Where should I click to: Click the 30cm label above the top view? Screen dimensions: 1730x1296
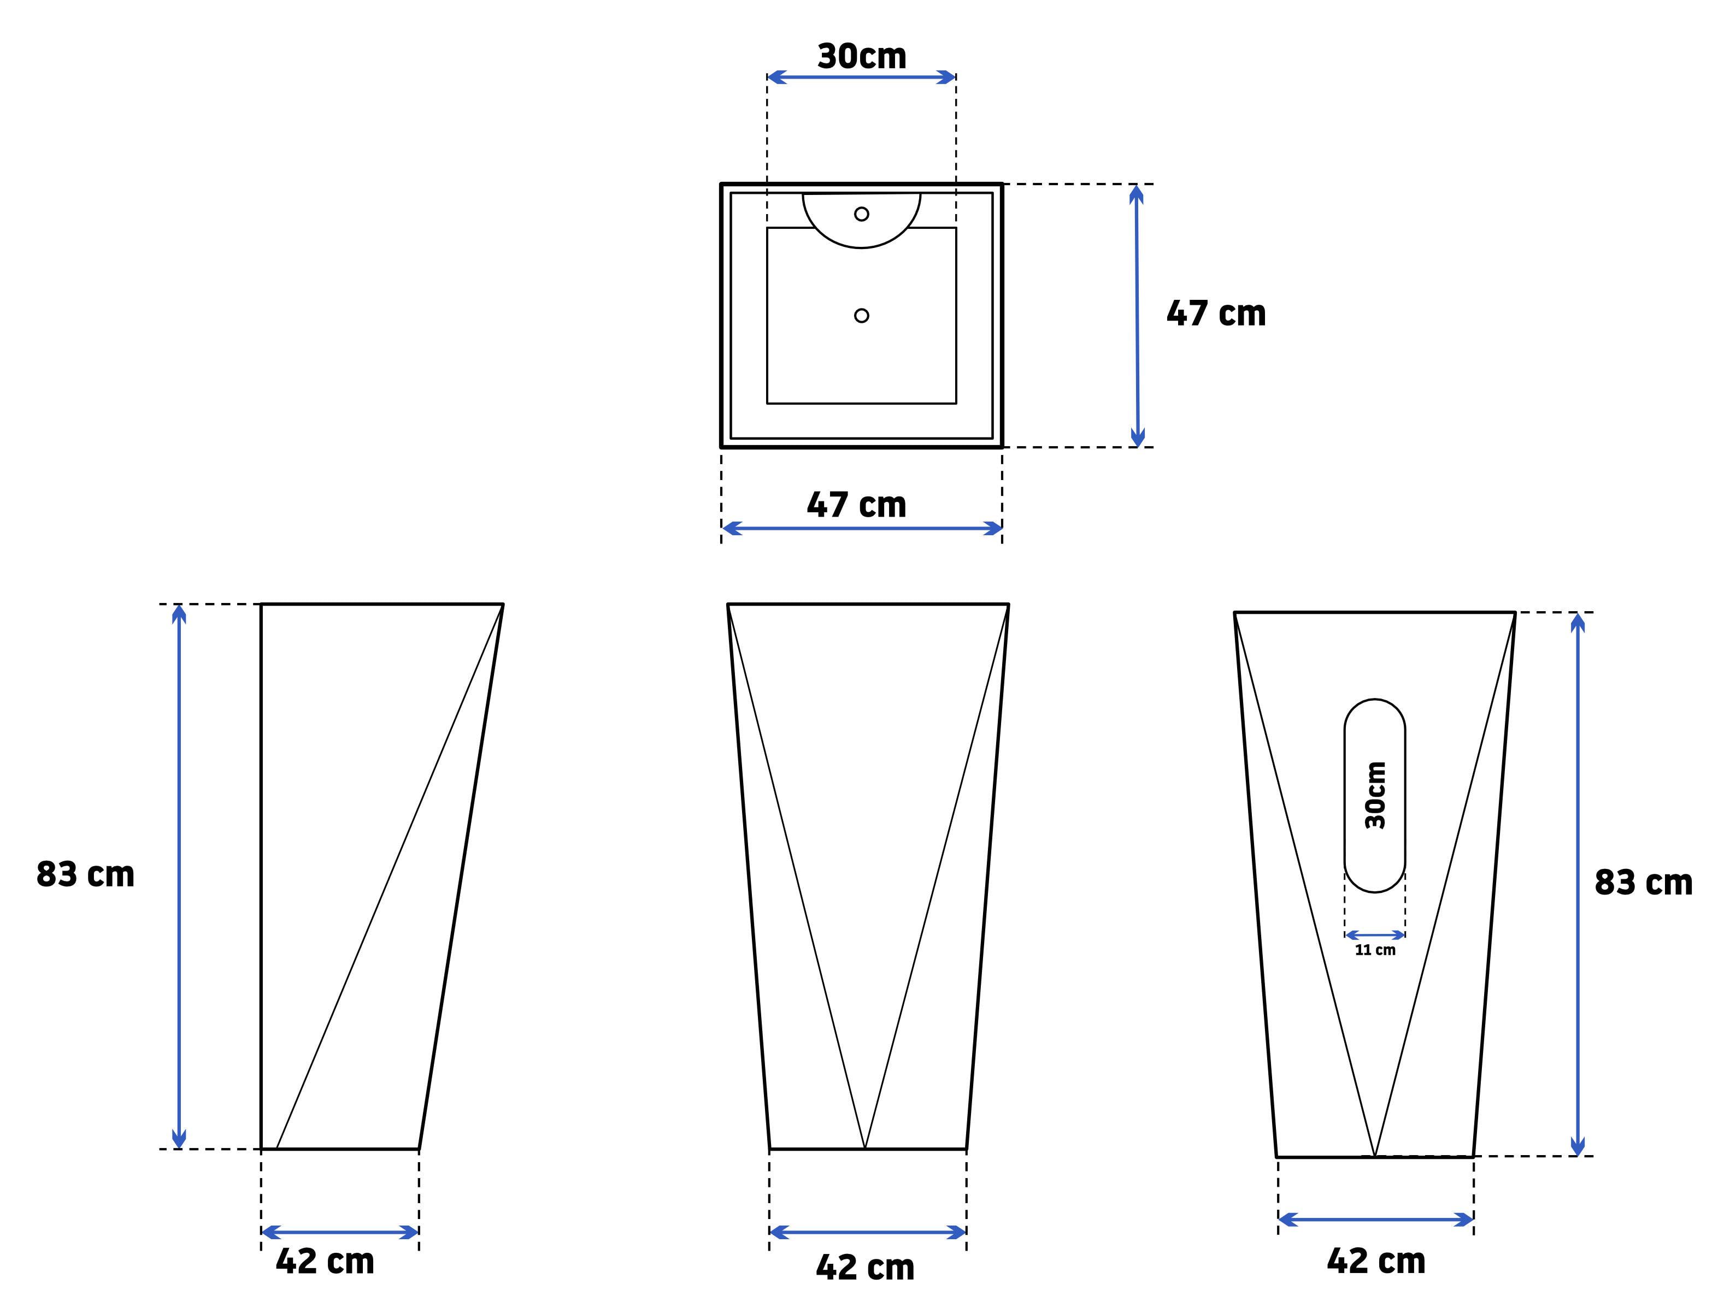(x=862, y=56)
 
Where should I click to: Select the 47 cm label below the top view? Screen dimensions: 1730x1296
(x=856, y=505)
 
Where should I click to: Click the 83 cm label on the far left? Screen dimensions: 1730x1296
(x=85, y=874)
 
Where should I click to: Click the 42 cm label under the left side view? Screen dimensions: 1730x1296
(x=325, y=1261)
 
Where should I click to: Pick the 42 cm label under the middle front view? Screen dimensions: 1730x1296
(x=865, y=1267)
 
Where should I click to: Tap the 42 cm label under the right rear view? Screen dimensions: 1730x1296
(x=1376, y=1261)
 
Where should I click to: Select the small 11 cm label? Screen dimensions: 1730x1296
(x=1375, y=950)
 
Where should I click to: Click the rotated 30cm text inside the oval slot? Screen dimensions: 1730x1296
(x=1375, y=795)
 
